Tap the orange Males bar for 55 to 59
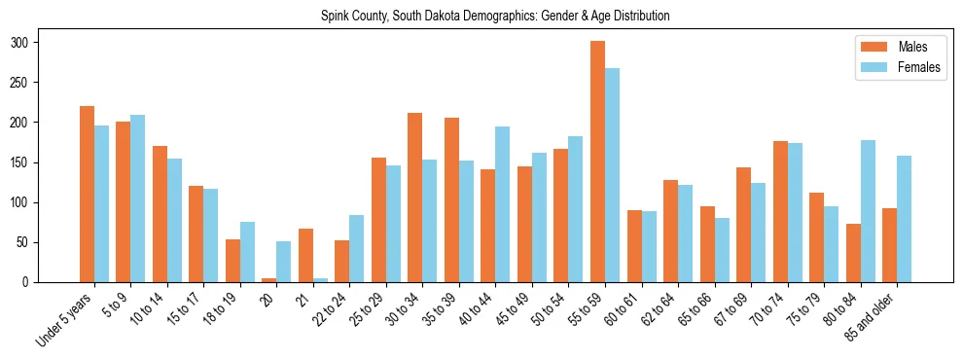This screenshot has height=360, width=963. pos(597,162)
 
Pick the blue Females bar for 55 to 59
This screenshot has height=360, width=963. pos(612,175)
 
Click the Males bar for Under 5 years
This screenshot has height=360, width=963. pos(87,195)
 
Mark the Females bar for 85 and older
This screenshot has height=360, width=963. pos(904,219)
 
